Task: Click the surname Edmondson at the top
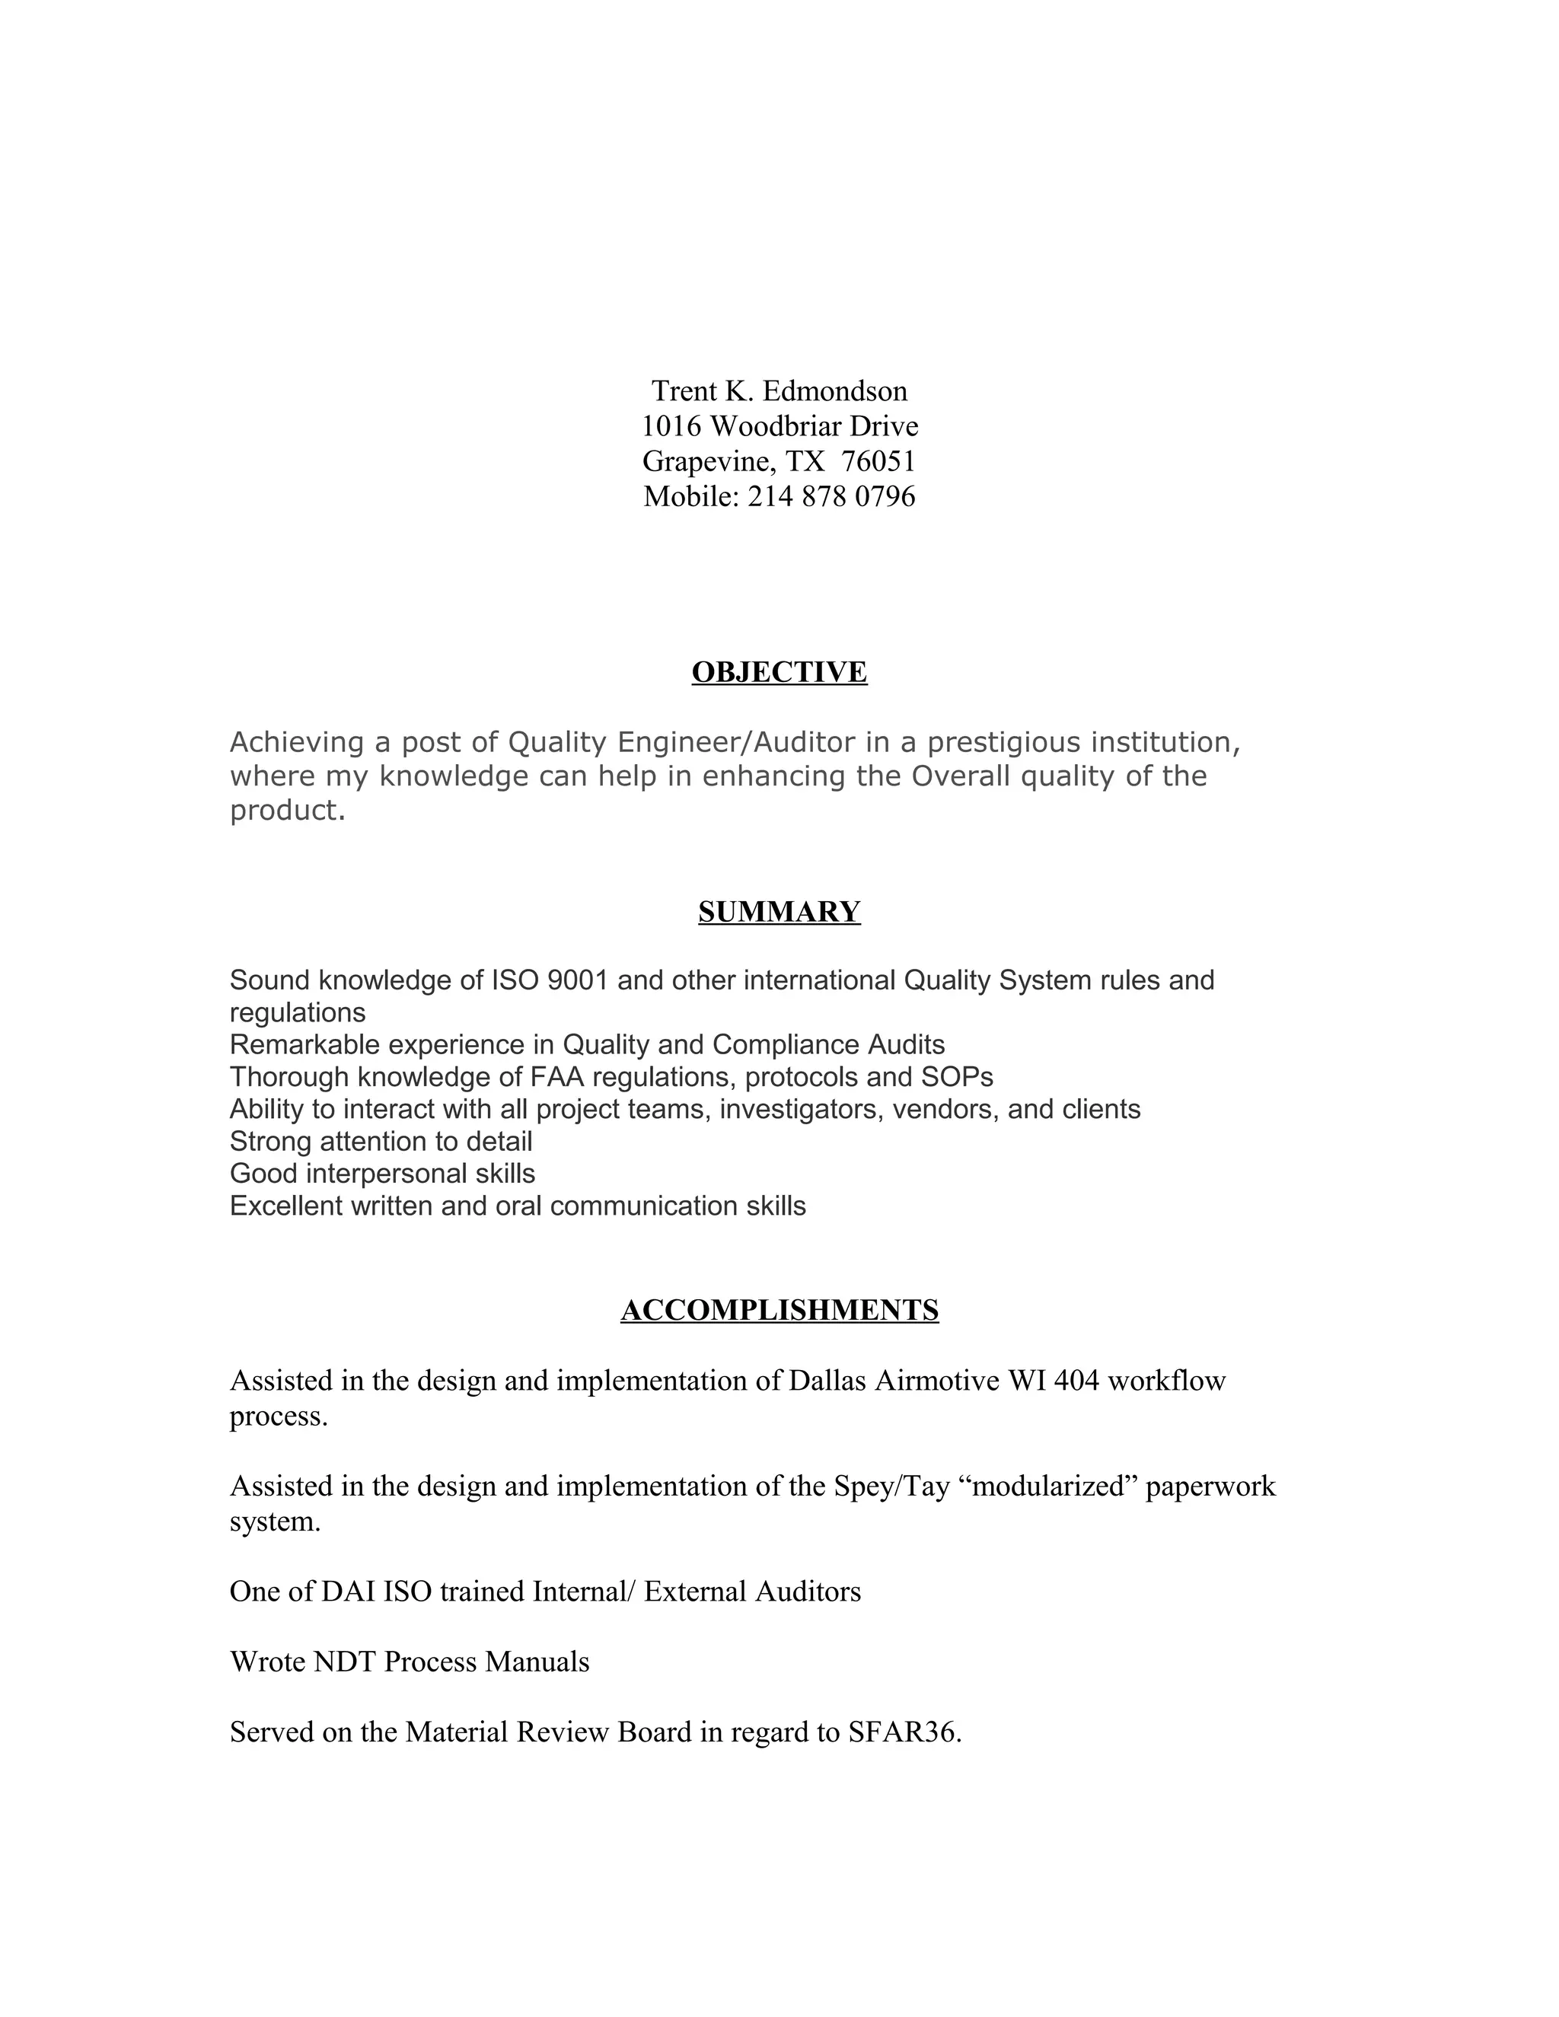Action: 835,391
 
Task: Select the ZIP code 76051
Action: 878,460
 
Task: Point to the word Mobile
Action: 691,497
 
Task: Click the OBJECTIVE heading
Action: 779,672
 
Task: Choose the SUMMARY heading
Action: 779,912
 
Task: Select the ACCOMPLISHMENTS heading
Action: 779,1310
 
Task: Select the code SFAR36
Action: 904,1732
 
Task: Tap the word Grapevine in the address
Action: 707,460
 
